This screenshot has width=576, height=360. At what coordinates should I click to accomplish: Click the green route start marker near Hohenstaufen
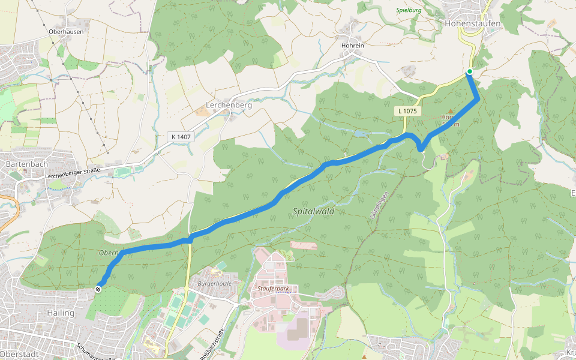[469, 73]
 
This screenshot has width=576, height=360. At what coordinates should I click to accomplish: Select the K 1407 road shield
[181, 137]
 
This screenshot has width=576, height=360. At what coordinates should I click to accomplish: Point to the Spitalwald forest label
[313, 211]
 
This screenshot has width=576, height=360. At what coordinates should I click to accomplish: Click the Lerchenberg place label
[229, 104]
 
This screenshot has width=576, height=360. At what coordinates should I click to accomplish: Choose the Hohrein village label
[353, 44]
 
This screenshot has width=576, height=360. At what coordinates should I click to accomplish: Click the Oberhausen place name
[66, 32]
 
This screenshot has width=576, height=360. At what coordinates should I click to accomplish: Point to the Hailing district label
[60, 313]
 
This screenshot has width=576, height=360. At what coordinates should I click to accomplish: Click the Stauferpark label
[273, 289]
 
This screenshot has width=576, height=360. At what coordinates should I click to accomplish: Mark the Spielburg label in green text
[409, 10]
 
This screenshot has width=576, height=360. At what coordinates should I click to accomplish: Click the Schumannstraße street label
[96, 352]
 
